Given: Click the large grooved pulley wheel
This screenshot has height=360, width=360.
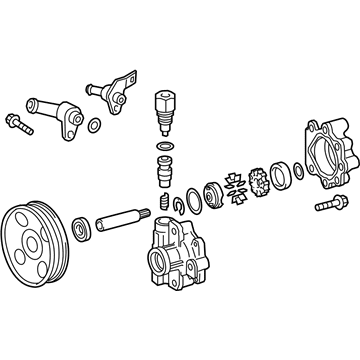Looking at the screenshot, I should click(36, 240).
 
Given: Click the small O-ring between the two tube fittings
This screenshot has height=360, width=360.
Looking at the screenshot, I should click(93, 126).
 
